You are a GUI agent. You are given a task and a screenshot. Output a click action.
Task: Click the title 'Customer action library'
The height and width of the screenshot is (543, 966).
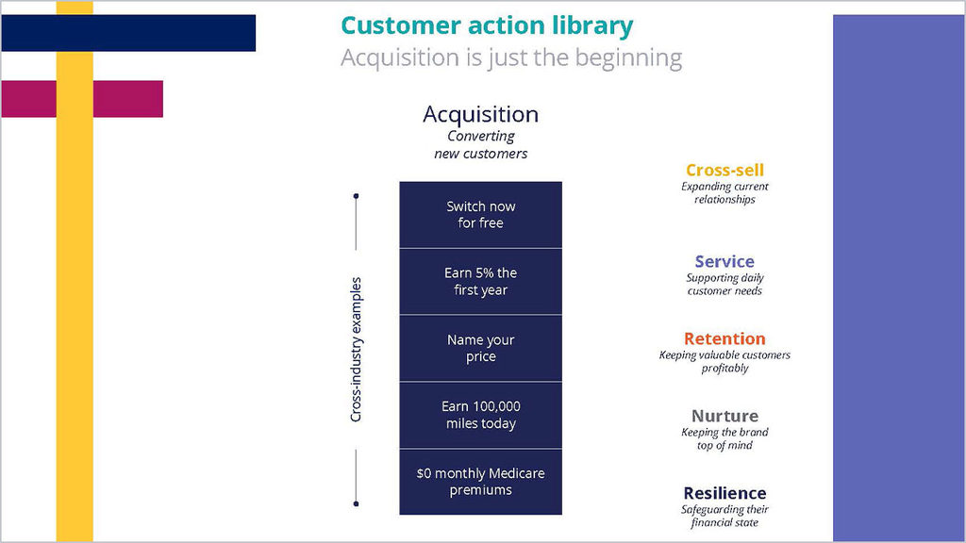[x=487, y=25]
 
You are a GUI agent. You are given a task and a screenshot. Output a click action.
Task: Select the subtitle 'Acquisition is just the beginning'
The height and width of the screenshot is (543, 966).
[x=511, y=58]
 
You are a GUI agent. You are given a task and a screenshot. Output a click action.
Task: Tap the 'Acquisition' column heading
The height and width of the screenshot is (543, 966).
[x=480, y=114]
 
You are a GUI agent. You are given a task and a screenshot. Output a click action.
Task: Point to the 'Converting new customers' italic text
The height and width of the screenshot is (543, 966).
[x=480, y=144]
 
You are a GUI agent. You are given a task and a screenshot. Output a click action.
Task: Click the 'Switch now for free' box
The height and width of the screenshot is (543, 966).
[x=480, y=215]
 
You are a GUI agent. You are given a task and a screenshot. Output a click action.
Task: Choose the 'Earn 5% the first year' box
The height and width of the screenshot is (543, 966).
[x=480, y=281]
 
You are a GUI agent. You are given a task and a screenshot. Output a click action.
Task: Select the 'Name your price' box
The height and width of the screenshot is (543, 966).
[x=480, y=349]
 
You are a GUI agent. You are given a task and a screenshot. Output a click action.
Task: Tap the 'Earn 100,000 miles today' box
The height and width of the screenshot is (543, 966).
[x=480, y=415]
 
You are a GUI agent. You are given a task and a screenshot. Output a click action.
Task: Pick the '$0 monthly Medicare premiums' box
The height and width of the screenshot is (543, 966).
[x=480, y=482]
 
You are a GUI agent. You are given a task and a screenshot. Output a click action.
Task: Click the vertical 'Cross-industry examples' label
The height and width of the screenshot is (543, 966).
[x=356, y=350]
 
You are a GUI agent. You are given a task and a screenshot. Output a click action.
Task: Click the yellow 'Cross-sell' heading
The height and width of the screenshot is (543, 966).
[x=724, y=170]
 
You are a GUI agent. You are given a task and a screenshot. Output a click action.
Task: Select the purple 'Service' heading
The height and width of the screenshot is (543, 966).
[x=724, y=262]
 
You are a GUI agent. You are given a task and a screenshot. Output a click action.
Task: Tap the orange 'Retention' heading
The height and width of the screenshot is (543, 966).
[x=724, y=338]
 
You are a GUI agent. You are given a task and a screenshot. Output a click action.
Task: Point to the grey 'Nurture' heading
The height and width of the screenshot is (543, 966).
[x=724, y=416]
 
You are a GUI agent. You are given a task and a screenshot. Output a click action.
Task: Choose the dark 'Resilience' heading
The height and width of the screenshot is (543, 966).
[x=724, y=493]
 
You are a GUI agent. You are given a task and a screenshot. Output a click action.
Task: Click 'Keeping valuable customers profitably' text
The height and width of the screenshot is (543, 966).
[x=724, y=361]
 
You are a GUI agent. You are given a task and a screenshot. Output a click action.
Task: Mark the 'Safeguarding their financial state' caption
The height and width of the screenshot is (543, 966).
[x=724, y=516]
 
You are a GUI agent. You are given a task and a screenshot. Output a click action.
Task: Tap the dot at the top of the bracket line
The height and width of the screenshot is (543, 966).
[x=356, y=196]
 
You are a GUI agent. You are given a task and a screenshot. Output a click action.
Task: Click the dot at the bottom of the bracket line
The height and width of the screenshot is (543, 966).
[x=356, y=503]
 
